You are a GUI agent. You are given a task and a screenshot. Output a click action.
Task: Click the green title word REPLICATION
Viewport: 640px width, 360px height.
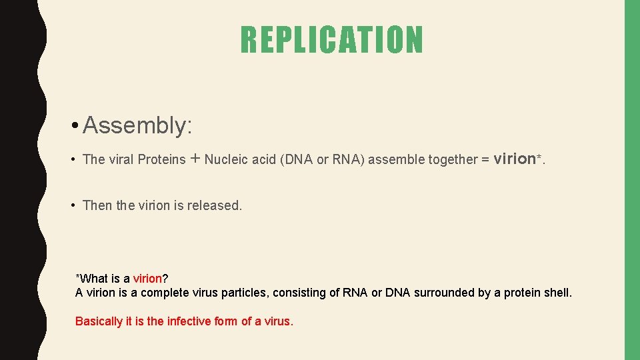[x=331, y=39]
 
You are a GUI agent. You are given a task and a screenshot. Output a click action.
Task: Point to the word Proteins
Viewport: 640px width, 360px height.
[x=161, y=159]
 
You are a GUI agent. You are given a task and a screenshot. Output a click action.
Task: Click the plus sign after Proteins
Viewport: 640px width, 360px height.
[x=195, y=159]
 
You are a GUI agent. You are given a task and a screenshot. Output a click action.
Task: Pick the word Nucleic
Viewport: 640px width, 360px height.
[x=226, y=159]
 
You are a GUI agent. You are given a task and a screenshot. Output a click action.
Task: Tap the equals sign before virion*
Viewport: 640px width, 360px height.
[x=485, y=159]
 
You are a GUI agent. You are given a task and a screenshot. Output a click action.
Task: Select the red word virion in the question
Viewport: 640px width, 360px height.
[x=147, y=279]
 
